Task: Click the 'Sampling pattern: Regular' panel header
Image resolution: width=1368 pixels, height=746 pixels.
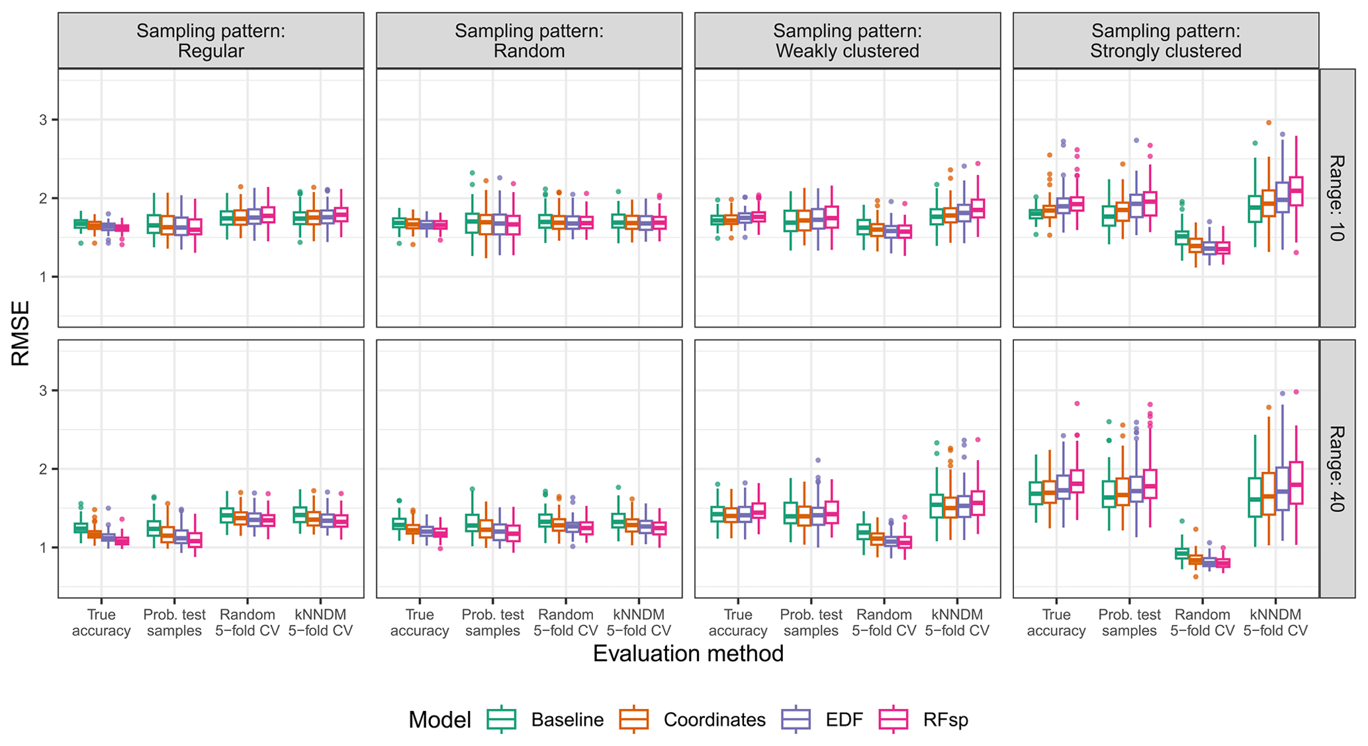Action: [x=210, y=41]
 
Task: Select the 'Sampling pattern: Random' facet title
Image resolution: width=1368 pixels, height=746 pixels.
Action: [x=529, y=41]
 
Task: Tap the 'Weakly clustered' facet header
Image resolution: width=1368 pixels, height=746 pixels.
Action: [x=847, y=41]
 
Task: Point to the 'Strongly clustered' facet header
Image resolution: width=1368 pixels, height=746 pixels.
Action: [x=1165, y=41]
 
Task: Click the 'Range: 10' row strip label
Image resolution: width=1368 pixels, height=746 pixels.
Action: [x=1336, y=198]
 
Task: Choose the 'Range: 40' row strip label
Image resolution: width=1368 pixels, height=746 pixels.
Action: [x=1336, y=469]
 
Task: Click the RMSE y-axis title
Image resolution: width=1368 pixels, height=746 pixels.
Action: [x=21, y=333]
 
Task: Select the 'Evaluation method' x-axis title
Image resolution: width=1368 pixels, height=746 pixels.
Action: [x=688, y=654]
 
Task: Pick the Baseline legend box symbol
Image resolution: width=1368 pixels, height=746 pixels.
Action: [x=502, y=720]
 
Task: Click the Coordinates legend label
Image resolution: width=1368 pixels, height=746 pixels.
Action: [x=714, y=720]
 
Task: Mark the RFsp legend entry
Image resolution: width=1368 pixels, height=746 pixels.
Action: [x=945, y=720]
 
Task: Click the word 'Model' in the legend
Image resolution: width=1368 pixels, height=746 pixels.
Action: [x=439, y=720]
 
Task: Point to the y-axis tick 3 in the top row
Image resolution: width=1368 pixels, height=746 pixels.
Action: [x=44, y=120]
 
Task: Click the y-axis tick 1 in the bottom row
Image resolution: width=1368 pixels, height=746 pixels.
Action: [x=44, y=548]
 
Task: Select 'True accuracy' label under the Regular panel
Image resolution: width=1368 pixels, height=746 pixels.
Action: [x=101, y=623]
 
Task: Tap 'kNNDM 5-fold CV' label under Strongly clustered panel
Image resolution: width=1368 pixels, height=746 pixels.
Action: [x=1275, y=623]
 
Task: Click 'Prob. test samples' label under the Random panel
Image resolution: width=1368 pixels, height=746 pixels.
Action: [x=492, y=623]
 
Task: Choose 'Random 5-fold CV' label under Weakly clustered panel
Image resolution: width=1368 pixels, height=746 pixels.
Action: [x=884, y=623]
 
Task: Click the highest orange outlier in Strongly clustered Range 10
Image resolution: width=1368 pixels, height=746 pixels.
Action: [x=1269, y=122]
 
